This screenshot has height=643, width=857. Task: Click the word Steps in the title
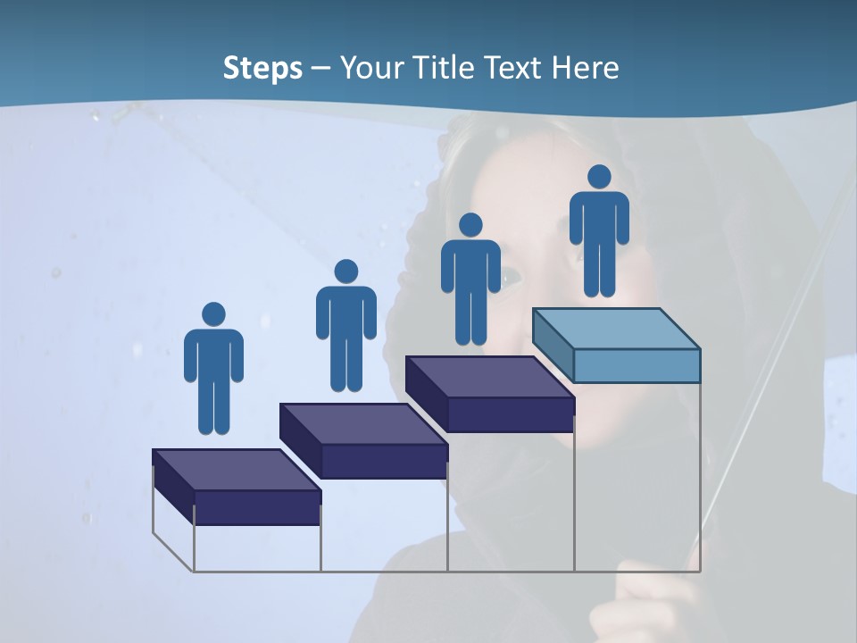[262, 68]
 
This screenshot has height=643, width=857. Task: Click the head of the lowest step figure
[213, 314]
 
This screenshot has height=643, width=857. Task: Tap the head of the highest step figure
[599, 177]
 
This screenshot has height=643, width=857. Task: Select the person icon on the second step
[346, 326]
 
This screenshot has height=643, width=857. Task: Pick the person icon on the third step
[470, 279]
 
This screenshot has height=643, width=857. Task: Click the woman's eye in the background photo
[512, 277]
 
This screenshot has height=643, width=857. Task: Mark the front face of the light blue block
[637, 365]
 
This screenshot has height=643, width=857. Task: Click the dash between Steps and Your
[321, 68]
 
